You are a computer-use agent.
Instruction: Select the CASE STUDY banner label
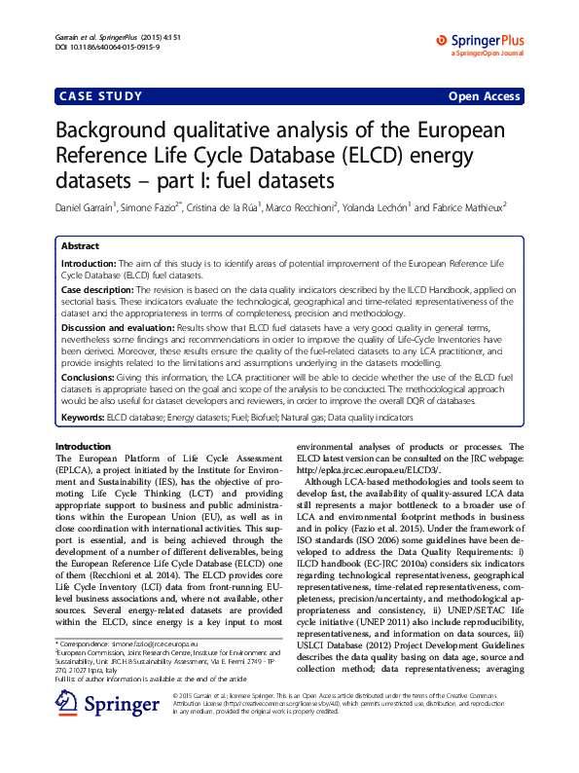click(101, 96)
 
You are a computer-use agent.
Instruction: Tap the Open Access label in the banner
click(484, 96)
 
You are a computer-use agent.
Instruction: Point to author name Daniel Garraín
click(85, 206)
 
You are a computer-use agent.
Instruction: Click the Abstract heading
click(80, 247)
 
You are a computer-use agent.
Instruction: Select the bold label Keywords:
click(83, 417)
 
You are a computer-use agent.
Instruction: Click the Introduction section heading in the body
click(86, 445)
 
